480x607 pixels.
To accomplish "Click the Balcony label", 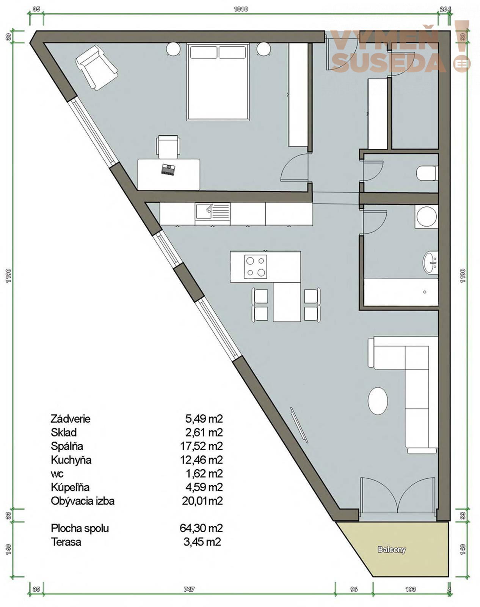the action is click(392, 549).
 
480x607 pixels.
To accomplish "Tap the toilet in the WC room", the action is click(427, 173).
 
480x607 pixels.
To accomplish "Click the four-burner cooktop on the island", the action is click(256, 267).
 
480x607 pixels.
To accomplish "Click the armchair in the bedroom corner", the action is click(97, 68).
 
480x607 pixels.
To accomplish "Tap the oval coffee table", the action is click(378, 401).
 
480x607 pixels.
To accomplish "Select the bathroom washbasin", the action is click(430, 263).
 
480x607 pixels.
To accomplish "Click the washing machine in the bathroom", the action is click(427, 217).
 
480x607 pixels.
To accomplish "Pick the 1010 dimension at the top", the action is click(241, 9).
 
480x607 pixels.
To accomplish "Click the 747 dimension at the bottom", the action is click(189, 589).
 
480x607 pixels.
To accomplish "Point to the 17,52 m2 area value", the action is click(202, 446).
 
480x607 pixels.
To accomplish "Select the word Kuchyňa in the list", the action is click(71, 460).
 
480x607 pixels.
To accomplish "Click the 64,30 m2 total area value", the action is click(202, 528).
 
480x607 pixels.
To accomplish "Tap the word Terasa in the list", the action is click(66, 542).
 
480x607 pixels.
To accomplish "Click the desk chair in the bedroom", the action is click(168, 147).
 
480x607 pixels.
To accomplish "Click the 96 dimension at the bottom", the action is click(354, 589).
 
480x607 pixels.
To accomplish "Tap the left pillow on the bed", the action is click(204, 52).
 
